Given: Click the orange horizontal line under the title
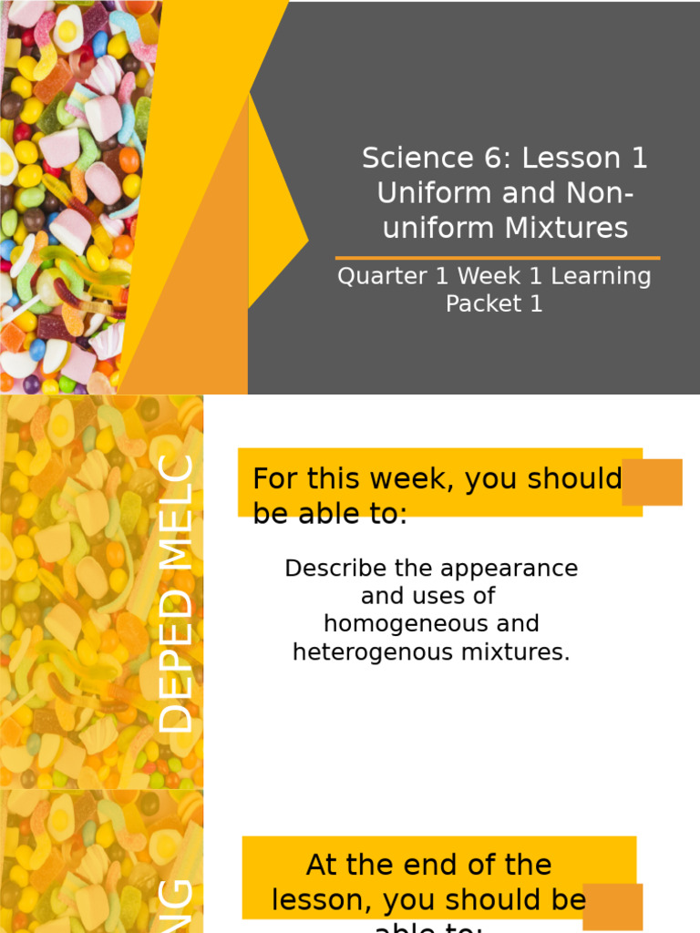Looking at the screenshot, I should [498, 259].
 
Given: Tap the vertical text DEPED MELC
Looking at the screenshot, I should [176, 593].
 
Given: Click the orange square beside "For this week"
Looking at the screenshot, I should [653, 482].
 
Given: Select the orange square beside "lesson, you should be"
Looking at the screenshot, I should [612, 907].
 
